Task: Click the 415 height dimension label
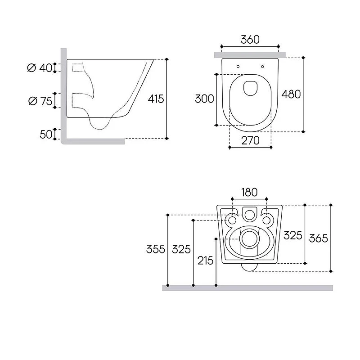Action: pyautogui.click(x=156, y=99)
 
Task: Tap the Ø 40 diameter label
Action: pyautogui.click(x=40, y=68)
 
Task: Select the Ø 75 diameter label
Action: pyautogui.click(x=40, y=101)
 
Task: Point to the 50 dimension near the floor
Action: pyautogui.click(x=46, y=134)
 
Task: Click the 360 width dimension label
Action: pyautogui.click(x=250, y=40)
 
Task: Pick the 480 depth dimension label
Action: pyautogui.click(x=291, y=94)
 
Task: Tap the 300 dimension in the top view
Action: pyautogui.click(x=204, y=99)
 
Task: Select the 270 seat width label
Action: pyautogui.click(x=250, y=140)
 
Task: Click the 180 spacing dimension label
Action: pyautogui.click(x=249, y=193)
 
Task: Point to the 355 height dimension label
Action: pyautogui.click(x=156, y=249)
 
